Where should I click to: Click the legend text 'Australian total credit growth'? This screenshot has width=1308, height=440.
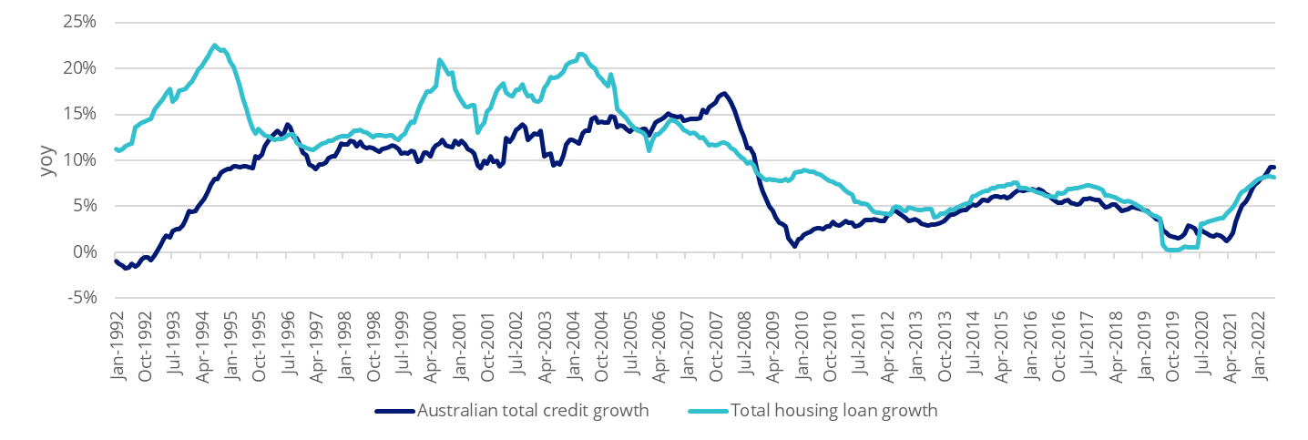click(533, 411)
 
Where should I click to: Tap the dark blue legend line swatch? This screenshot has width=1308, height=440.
click(393, 411)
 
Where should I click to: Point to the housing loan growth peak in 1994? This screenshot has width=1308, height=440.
click(214, 45)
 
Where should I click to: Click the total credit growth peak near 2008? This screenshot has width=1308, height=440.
click(723, 93)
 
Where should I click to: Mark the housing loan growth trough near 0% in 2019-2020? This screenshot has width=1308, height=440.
click(1175, 249)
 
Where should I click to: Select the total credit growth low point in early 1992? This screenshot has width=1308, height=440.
click(126, 268)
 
